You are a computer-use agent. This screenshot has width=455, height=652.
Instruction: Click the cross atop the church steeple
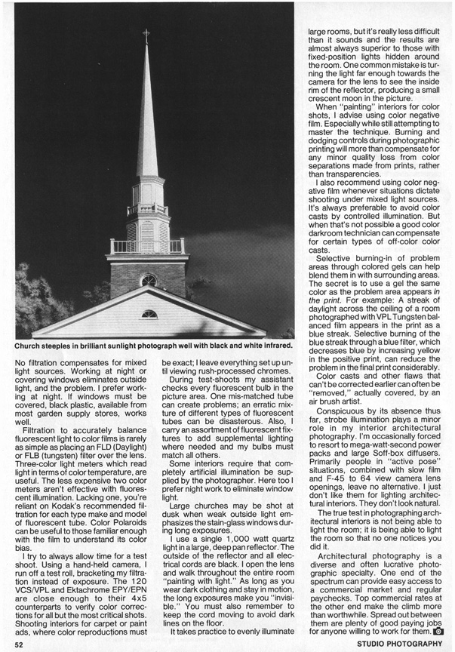pos(146,35)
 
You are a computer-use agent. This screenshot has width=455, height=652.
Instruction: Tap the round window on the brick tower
pos(149,280)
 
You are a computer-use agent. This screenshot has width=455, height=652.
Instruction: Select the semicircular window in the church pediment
pos(149,314)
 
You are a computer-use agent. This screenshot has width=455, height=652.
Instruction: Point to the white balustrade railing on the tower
pos(147,246)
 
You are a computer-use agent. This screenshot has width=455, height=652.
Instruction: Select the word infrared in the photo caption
pos(272,347)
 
